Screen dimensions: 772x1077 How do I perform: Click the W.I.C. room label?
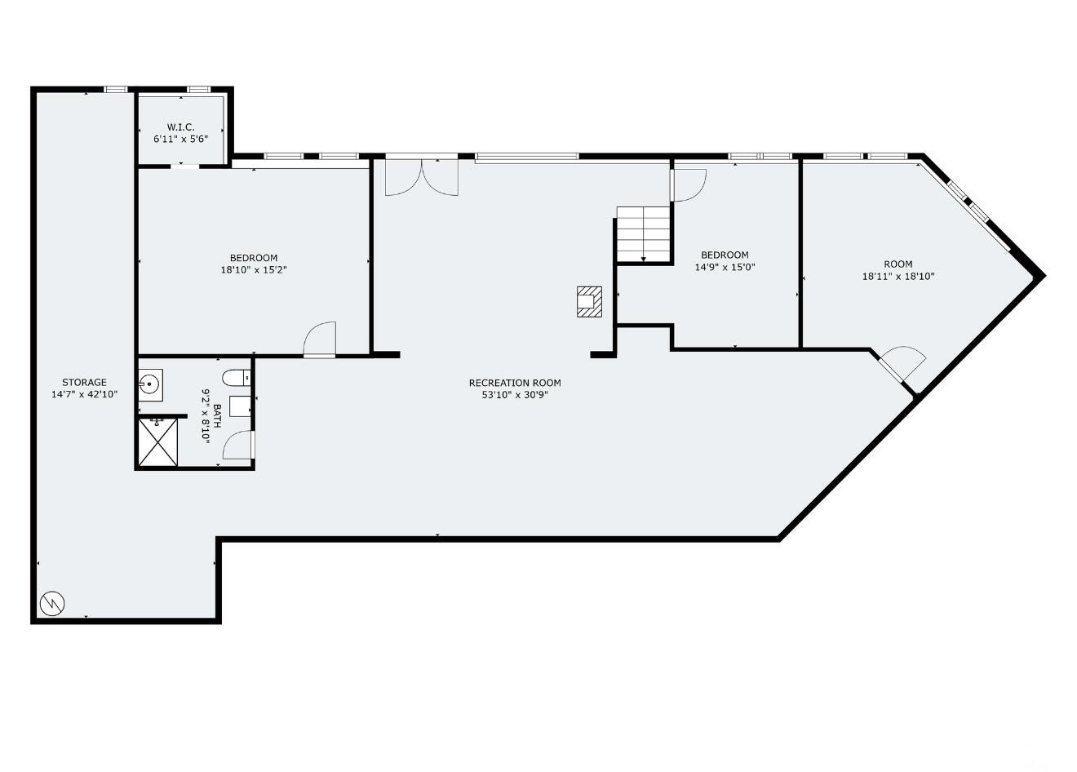coord(180,126)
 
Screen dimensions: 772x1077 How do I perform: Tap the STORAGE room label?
coord(84,382)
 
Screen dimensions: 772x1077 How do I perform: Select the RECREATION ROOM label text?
coord(515,383)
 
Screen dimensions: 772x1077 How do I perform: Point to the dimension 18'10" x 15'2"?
coord(253,269)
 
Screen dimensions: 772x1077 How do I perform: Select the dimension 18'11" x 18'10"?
coord(897,276)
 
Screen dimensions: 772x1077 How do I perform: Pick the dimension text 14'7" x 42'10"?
coord(84,394)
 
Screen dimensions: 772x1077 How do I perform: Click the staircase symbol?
coord(644,233)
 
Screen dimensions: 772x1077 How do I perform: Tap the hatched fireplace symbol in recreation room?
coord(589,301)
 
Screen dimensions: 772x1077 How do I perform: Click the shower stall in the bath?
coord(157,442)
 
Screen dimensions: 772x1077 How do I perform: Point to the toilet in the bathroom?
coord(237,378)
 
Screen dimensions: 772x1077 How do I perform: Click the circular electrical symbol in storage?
coord(52,604)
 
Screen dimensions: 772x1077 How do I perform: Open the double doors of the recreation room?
coord(421,177)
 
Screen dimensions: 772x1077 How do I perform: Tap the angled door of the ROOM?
coord(902,364)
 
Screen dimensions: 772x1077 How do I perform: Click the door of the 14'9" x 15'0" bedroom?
coord(688,184)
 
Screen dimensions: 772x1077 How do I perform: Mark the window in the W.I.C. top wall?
coord(198,89)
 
